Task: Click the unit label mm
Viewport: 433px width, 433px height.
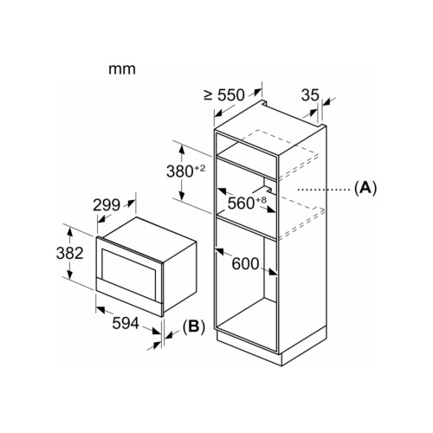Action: coord(122,69)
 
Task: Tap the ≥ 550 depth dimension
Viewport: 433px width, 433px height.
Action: coord(224,94)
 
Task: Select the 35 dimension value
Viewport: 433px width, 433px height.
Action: coord(310,94)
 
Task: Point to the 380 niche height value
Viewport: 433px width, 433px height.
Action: coord(179,171)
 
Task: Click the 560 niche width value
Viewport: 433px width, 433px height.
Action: coord(241,203)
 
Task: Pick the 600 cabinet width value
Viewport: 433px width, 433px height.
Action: coord(245,264)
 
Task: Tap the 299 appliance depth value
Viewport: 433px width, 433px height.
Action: coord(107,205)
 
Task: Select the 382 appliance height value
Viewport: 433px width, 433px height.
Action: coord(69,253)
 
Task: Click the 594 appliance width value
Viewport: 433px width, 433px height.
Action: coord(126,323)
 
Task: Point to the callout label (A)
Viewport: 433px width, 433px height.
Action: coord(365,188)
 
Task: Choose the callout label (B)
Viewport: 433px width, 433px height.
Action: coord(194,326)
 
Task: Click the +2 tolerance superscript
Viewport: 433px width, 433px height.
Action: coord(199,168)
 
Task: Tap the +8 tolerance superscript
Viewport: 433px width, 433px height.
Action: coord(261,200)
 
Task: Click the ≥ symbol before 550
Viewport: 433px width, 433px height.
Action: coord(208,95)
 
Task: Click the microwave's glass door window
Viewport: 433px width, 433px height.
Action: coord(128,268)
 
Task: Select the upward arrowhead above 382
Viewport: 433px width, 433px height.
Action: coord(69,231)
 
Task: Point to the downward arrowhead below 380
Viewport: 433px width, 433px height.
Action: coord(182,196)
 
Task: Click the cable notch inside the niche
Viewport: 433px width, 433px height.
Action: coord(262,186)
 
